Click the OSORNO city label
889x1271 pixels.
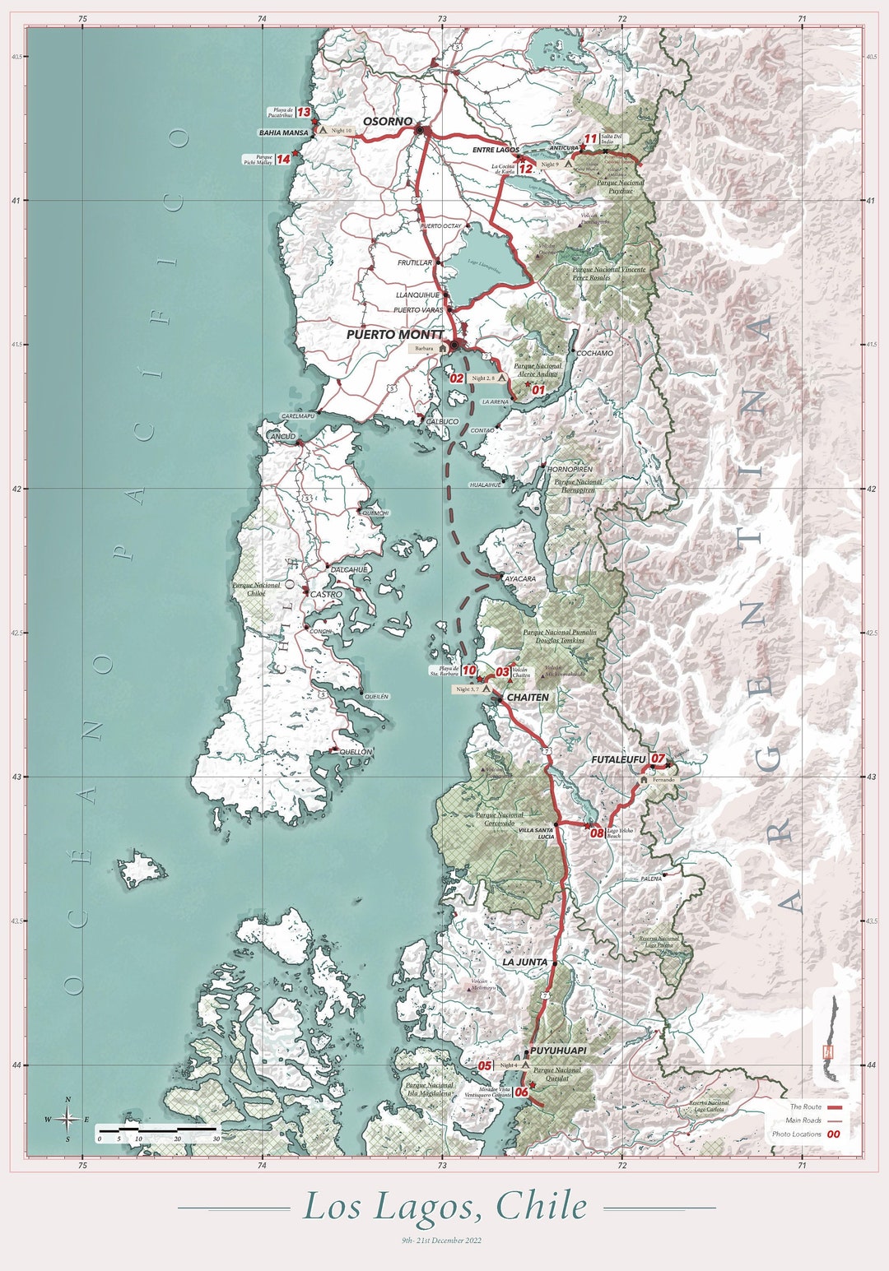pos(388,122)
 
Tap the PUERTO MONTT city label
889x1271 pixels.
pos(394,335)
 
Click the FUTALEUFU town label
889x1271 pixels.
pos(618,759)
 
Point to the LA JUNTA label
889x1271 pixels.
pos(524,962)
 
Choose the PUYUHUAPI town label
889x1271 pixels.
pos(558,1051)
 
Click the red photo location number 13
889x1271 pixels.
pos(303,112)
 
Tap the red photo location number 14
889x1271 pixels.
pos(283,159)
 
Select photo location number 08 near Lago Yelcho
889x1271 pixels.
pos(597,833)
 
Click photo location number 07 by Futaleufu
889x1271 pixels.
pos(657,758)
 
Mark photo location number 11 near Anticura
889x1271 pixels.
pos(590,139)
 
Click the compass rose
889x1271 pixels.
pos(67,1119)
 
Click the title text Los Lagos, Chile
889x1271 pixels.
pos(445,1207)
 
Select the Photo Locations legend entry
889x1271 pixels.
pos(796,1134)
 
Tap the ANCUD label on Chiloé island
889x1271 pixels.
pos(282,437)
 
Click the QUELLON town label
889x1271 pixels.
pos(356,752)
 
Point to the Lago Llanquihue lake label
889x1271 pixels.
pos(484,263)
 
